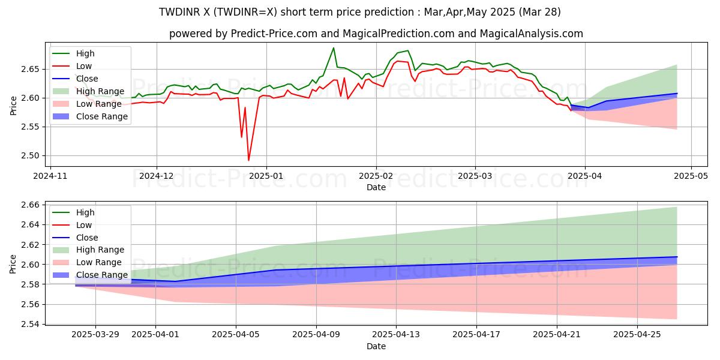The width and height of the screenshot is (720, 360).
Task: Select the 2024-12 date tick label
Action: pos(157,176)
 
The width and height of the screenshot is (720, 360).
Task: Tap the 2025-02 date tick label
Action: pos(376,176)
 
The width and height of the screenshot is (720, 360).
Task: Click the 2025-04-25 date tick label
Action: pos(637,334)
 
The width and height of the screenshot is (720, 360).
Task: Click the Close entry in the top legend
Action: pos(88,79)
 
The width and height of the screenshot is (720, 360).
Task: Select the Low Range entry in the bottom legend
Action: pos(98,262)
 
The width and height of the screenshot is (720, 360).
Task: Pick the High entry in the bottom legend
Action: pos(85,212)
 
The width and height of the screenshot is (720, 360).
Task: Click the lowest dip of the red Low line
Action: pos(248,160)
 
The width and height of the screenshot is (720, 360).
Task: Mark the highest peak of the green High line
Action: pos(334,48)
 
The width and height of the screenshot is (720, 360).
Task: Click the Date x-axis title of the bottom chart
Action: pos(376,346)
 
